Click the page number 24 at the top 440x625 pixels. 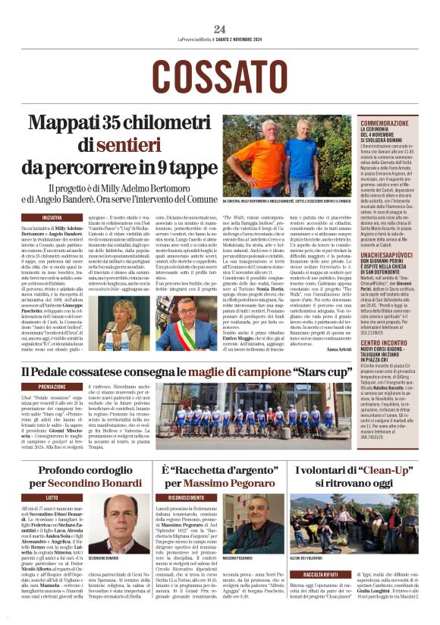[x=220, y=29]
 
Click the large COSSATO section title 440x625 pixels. [x=219, y=77]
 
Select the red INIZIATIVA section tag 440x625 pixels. [x=52, y=217]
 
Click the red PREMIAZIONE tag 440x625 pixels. [x=52, y=387]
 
